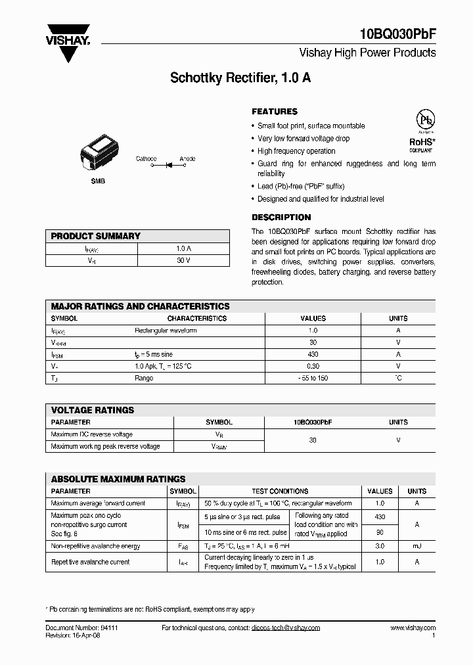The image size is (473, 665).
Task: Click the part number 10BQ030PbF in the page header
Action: tap(398, 35)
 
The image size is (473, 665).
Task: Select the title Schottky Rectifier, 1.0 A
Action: tap(240, 78)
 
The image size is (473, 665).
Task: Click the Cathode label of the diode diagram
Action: tap(146, 159)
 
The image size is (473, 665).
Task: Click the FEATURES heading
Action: tap(275, 112)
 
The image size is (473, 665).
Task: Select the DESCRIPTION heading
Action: tap(281, 218)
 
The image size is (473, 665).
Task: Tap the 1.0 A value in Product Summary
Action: tap(183, 249)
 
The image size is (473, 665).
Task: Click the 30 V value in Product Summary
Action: tap(183, 261)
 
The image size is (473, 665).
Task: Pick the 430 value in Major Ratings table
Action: tap(313, 354)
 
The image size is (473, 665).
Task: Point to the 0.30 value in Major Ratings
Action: tap(313, 366)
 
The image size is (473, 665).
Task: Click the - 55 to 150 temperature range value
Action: tap(313, 378)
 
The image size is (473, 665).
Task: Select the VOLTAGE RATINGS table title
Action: tap(93, 410)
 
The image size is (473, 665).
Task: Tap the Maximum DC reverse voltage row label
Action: tap(92, 434)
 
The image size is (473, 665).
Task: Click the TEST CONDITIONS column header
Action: tap(280, 491)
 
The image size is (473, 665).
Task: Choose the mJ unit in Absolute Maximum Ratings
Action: tap(417, 546)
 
